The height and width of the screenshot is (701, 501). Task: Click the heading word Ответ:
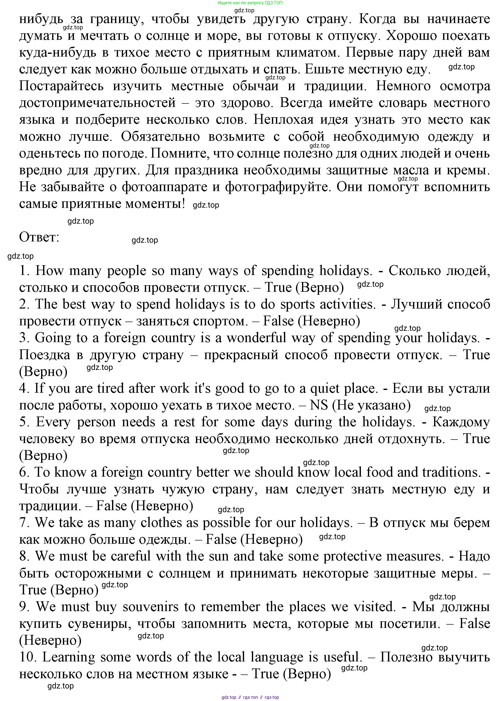pyautogui.click(x=39, y=237)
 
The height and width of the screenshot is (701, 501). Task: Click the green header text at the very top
pyautogui.click(x=250, y=3)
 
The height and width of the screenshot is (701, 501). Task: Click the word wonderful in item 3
pyautogui.click(x=256, y=338)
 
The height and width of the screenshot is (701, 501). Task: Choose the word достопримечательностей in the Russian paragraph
pyautogui.click(x=97, y=103)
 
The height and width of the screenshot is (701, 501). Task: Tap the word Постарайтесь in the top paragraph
pyautogui.click(x=61, y=86)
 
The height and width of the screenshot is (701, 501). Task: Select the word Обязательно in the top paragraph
pyautogui.click(x=160, y=136)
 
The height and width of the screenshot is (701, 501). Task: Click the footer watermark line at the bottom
pyautogui.click(x=250, y=697)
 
